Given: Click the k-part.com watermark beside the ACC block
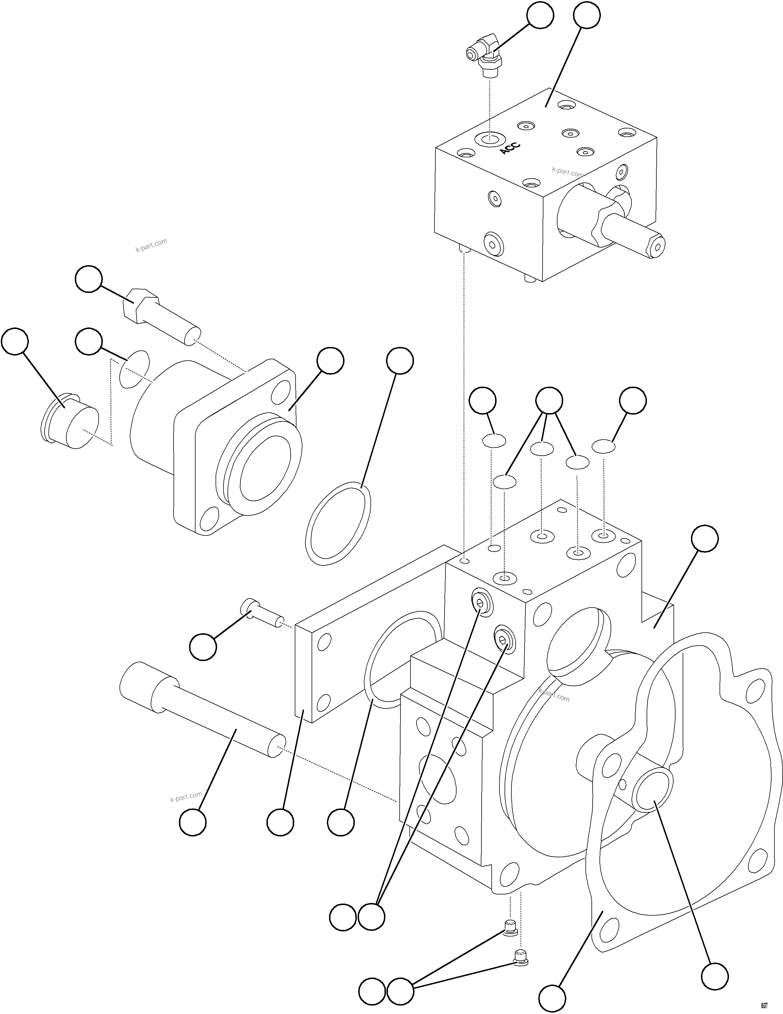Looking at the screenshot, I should [567, 172].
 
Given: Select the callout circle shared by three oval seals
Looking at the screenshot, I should [549, 400].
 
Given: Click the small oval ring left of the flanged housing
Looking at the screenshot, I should [135, 369].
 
